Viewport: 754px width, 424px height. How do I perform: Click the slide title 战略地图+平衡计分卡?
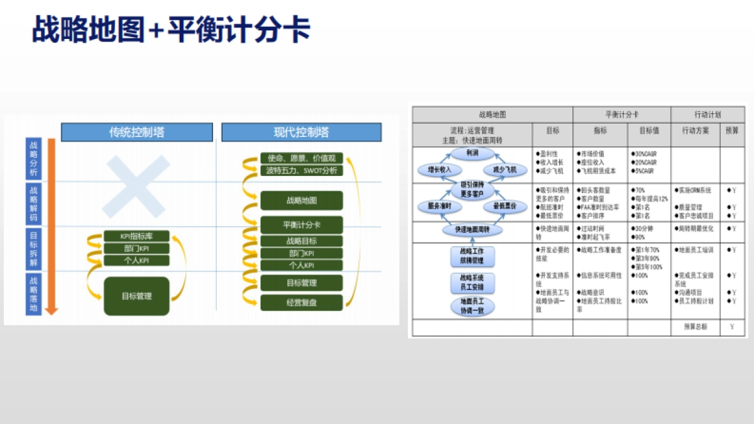171,29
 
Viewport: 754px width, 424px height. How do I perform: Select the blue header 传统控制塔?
137,133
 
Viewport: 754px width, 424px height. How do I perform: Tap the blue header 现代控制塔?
301,133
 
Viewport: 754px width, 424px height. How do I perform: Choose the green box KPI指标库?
136,236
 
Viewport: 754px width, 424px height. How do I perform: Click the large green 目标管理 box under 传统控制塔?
136,296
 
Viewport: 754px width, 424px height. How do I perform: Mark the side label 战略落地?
34,293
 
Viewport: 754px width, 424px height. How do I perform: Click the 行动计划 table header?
708,115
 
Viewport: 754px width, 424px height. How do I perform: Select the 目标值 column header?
649,131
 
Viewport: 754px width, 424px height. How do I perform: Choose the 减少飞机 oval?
504,170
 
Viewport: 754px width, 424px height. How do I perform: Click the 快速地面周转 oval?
473,230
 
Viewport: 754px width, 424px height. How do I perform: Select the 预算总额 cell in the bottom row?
695,327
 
